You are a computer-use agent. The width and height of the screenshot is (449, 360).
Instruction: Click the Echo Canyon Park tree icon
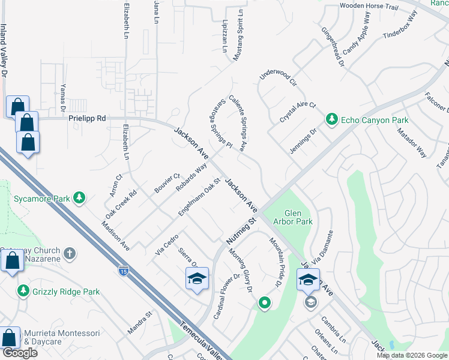(331, 120)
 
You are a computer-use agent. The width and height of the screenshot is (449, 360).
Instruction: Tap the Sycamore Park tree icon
(79, 197)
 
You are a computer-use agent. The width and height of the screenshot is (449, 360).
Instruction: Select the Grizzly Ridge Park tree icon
(23, 291)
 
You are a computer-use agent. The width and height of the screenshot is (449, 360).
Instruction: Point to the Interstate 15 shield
(123, 271)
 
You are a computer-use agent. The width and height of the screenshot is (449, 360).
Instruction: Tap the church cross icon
(70, 254)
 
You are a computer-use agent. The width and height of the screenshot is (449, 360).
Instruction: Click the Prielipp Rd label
(87, 119)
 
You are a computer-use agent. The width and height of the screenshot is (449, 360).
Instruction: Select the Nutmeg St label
(241, 230)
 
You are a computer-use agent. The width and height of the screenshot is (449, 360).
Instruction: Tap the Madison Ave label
(115, 235)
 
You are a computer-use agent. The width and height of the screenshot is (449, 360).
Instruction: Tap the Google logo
(20, 353)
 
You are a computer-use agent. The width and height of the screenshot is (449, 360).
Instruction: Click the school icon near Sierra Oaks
(197, 279)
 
